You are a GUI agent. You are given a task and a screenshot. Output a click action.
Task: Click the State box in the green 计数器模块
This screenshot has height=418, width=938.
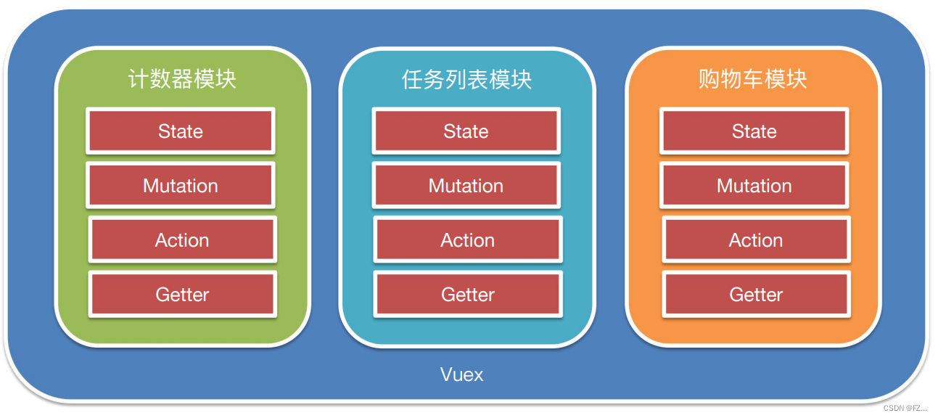(181, 131)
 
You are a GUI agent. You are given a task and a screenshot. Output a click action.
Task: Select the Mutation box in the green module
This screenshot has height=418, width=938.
(181, 186)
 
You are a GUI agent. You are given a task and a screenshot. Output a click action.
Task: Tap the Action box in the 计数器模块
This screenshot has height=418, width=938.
(182, 240)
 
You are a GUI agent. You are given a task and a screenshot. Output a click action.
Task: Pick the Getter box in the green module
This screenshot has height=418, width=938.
(182, 295)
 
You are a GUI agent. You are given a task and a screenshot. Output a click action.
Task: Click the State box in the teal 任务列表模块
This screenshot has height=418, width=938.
(466, 131)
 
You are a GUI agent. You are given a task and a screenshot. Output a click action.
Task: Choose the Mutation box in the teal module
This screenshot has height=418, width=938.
(466, 186)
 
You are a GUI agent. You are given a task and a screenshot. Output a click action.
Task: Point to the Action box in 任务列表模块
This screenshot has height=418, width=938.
(468, 240)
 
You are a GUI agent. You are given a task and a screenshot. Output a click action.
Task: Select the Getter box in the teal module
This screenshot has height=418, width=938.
(468, 295)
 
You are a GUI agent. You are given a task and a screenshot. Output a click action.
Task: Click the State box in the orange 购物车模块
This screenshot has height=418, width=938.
(754, 131)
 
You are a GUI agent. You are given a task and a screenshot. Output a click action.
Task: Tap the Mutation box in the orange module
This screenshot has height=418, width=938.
(754, 186)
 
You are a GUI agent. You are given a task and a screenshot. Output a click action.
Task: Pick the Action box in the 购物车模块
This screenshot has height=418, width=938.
(756, 240)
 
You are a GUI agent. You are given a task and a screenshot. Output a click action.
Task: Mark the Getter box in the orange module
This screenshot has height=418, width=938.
(756, 295)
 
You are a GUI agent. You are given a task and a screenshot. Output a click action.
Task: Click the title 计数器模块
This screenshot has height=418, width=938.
(182, 79)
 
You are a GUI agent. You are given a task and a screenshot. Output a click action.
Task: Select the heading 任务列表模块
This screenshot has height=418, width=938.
(466, 79)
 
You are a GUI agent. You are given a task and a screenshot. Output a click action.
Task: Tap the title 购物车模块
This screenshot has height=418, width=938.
(753, 79)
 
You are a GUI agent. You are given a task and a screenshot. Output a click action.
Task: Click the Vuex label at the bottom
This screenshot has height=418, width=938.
(462, 374)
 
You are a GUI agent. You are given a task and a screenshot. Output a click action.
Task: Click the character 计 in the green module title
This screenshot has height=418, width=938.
(139, 79)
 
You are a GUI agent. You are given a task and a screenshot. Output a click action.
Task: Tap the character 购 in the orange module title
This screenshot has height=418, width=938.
(709, 79)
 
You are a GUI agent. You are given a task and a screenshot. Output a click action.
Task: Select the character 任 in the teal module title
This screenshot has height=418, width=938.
(412, 79)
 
